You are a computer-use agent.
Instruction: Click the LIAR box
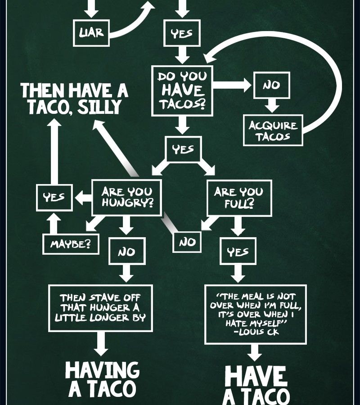click(91, 33)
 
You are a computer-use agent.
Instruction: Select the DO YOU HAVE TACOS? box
click(182, 90)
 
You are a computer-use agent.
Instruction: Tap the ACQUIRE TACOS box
click(273, 130)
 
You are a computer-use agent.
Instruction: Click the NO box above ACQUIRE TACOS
click(272, 85)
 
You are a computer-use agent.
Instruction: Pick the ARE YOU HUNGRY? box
click(127, 198)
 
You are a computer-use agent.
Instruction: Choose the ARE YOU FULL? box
click(239, 198)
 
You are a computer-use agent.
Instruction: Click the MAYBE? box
click(71, 244)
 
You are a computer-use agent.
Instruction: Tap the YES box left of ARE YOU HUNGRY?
click(54, 198)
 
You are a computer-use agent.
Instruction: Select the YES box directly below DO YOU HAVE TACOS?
click(183, 149)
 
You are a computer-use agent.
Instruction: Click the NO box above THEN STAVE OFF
click(127, 251)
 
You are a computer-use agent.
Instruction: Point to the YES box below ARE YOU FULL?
click(238, 251)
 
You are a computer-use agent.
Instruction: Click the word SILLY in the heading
click(99, 107)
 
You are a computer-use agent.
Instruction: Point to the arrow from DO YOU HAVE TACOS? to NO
click(232, 85)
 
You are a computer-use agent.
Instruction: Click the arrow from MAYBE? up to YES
click(54, 223)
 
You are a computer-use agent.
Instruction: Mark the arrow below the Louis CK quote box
click(255, 352)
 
